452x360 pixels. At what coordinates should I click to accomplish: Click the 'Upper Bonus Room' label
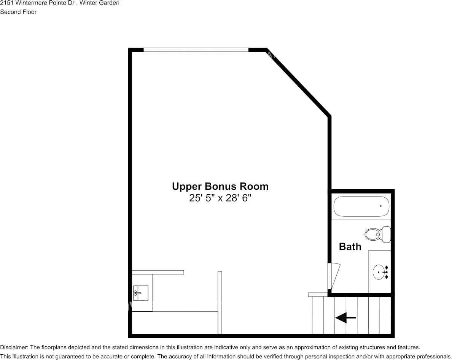click(x=220, y=186)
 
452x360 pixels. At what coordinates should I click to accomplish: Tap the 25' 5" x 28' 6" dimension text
click(x=221, y=198)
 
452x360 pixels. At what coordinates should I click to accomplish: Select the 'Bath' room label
click(x=350, y=246)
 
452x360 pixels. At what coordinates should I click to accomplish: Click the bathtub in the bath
click(x=361, y=206)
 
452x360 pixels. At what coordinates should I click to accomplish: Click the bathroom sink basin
click(x=379, y=272)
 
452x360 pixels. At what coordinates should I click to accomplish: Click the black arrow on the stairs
click(x=345, y=317)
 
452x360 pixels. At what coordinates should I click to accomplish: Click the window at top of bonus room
click(x=196, y=49)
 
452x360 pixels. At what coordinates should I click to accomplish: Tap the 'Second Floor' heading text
click(x=18, y=12)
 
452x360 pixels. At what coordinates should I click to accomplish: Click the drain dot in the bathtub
click(x=380, y=206)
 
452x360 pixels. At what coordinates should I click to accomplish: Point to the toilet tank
click(x=387, y=234)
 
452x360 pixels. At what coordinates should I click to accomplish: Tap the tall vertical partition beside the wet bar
click(x=220, y=302)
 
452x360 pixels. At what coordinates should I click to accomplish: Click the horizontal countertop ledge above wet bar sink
click(x=158, y=272)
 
